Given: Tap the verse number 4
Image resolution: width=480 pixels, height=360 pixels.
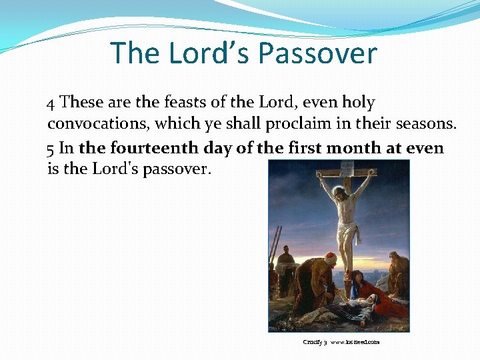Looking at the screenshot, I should pos(51,103).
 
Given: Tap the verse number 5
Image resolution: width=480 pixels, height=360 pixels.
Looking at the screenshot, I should pos(51,148).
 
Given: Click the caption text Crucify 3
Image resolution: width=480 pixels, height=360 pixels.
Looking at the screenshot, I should pos(315,342).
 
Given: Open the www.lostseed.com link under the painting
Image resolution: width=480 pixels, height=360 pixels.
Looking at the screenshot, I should pos(355,342).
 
